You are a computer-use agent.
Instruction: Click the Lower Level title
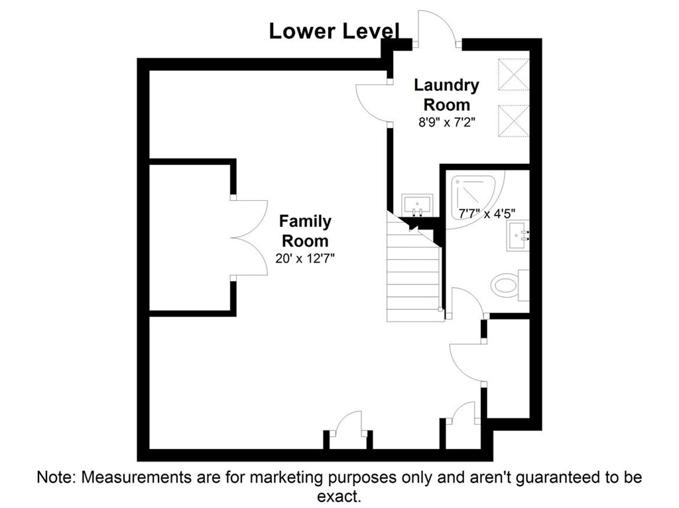(x=334, y=31)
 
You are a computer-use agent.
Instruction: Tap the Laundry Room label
(x=446, y=95)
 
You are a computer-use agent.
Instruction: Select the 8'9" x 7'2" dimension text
(x=446, y=123)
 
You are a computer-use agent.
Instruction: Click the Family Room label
(x=305, y=231)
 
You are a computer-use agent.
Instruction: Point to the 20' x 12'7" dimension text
(x=305, y=259)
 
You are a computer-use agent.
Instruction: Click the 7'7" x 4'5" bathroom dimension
(x=487, y=214)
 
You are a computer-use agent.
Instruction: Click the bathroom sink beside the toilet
(x=518, y=235)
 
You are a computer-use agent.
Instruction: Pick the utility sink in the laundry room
(x=417, y=205)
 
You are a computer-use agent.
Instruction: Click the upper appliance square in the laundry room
(x=514, y=74)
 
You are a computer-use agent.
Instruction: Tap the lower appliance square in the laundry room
(x=514, y=121)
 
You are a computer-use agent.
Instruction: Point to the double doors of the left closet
(x=249, y=237)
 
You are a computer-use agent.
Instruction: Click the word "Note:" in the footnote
(x=57, y=477)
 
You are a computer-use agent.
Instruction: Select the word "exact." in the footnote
(x=339, y=496)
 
